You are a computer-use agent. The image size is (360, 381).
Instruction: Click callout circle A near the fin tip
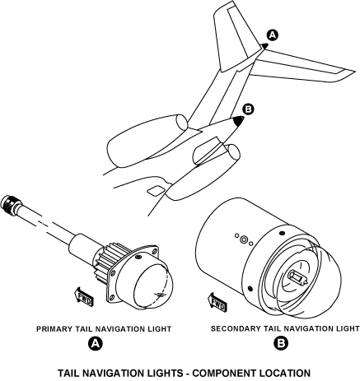click(272, 35)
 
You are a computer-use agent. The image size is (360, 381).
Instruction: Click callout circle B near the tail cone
click(248, 109)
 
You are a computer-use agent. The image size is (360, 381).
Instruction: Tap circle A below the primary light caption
click(95, 343)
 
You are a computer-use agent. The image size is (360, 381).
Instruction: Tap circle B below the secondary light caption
click(281, 343)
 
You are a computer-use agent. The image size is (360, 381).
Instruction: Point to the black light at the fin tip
click(264, 46)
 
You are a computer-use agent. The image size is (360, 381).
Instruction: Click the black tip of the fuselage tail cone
click(238, 121)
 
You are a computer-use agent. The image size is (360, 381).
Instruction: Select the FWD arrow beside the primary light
click(84, 297)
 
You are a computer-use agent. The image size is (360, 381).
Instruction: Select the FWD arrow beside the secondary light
click(217, 302)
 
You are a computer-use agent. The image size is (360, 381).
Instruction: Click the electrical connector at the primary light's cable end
click(10, 204)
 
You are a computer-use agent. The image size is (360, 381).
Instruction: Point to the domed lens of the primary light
click(154, 286)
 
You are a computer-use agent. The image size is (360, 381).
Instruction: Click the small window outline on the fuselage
click(157, 190)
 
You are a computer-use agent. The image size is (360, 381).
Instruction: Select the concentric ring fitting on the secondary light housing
click(244, 239)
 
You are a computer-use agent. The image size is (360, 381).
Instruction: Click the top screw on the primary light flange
click(138, 257)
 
